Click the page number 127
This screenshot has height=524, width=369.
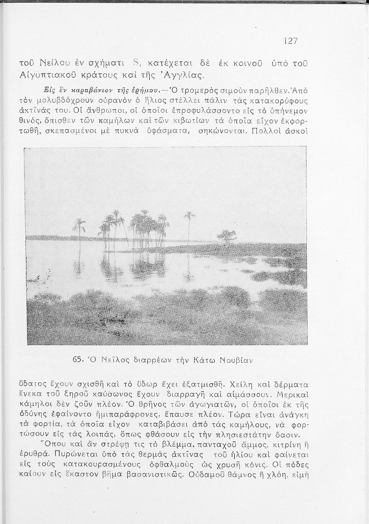pos(290,41)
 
